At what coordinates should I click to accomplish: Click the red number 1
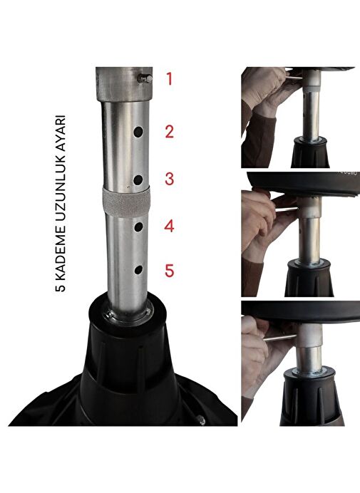tap(170, 78)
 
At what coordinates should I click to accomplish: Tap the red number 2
tap(169, 132)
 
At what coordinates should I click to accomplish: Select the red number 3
tap(169, 179)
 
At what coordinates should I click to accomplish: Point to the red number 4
tap(169, 226)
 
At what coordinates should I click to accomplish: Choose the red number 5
tap(169, 271)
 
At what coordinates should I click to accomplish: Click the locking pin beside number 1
tap(145, 79)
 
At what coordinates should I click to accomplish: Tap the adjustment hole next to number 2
tap(138, 132)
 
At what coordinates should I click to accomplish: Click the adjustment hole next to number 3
tap(138, 180)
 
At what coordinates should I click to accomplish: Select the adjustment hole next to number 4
tap(138, 227)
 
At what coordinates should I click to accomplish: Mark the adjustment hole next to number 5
tap(138, 270)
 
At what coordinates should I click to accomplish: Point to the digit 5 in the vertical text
tap(61, 286)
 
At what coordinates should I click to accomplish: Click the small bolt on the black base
tap(200, 420)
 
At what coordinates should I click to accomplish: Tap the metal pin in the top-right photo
tap(292, 76)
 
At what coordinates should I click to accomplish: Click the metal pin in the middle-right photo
tap(284, 209)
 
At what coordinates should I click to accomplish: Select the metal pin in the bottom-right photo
tap(279, 338)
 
